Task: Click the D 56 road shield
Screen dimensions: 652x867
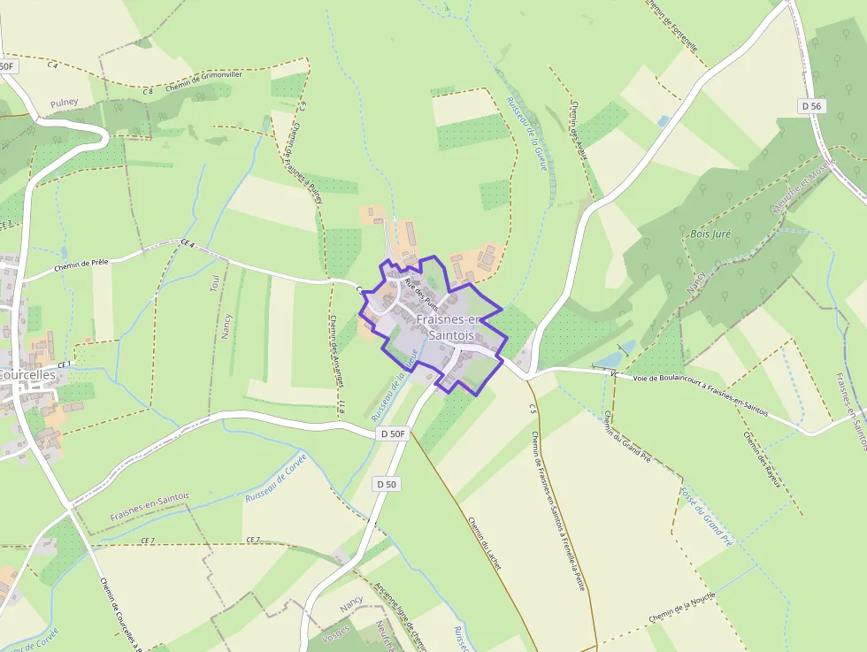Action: pos(810,106)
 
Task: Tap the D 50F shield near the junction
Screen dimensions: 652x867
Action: pos(392,433)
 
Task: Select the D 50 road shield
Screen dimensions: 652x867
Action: pos(386,484)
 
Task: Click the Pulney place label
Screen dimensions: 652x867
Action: pos(64,103)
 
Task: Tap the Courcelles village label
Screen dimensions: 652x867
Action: pos(27,374)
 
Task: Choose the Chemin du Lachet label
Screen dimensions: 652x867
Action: pos(484,542)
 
